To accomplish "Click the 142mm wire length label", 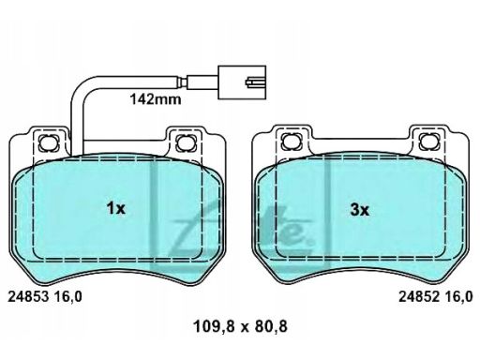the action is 156,99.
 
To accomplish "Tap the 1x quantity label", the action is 116,208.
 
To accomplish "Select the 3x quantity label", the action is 359,210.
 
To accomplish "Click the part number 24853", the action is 28,296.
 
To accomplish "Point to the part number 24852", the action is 419,296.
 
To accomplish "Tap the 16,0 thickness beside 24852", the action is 458,297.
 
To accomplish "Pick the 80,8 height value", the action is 271,327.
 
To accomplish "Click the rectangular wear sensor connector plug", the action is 242,82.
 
